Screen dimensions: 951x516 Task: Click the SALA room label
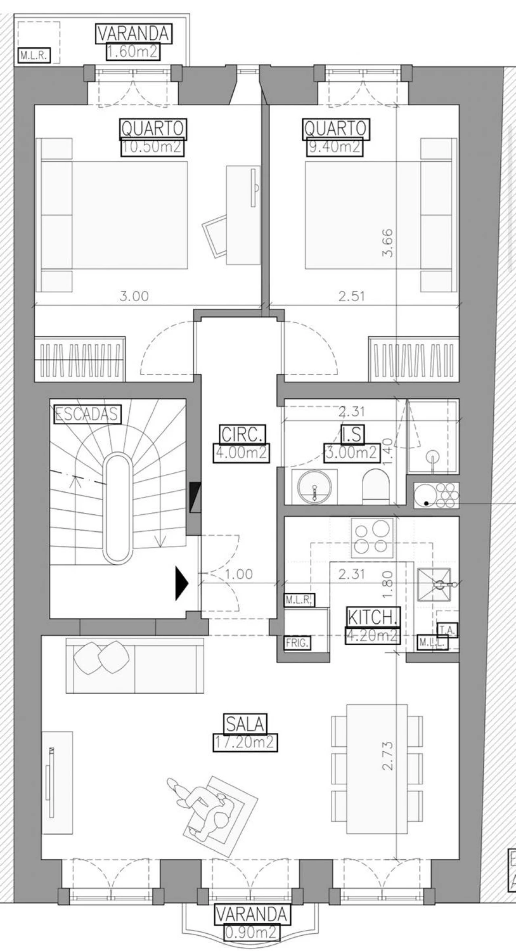click(x=245, y=724)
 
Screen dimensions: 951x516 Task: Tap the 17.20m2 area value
click(x=245, y=742)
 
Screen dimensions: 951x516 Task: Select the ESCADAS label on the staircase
click(x=87, y=414)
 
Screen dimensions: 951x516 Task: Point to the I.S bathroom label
click(x=352, y=434)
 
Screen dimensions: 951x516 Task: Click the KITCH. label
click(x=372, y=617)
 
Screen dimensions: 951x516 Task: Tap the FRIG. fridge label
click(x=298, y=643)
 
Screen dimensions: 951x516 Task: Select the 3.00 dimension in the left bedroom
click(x=134, y=296)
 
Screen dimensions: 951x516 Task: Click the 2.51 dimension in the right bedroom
click(x=352, y=296)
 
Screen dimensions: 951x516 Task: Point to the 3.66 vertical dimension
click(x=388, y=243)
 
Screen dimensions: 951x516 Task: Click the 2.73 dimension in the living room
click(x=388, y=756)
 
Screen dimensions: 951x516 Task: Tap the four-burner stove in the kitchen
click(x=372, y=537)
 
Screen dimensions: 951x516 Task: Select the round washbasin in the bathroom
click(x=314, y=486)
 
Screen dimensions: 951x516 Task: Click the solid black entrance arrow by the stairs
click(x=181, y=583)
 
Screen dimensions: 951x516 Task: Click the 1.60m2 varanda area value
click(x=133, y=52)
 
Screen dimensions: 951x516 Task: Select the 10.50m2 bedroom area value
click(x=152, y=147)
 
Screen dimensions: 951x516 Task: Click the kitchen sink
click(x=434, y=585)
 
